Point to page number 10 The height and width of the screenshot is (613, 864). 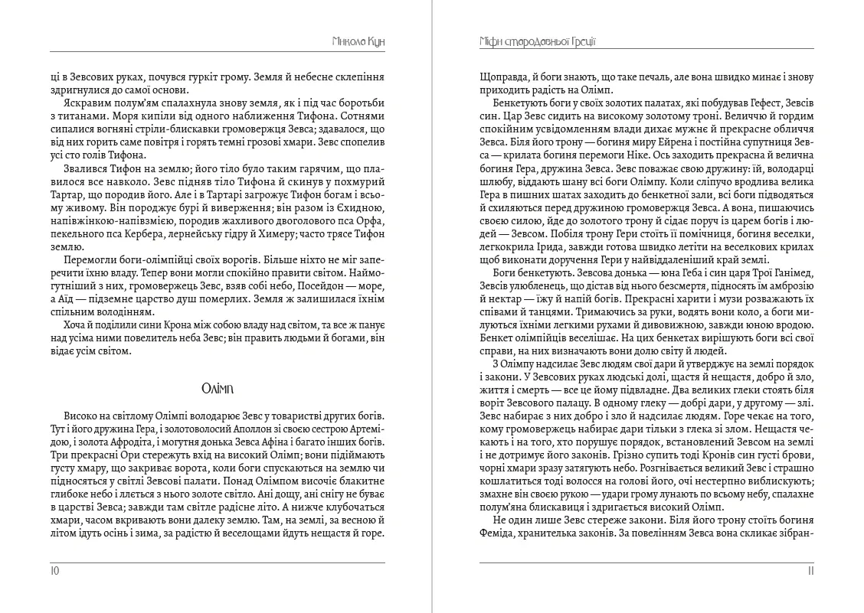tap(54, 570)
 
